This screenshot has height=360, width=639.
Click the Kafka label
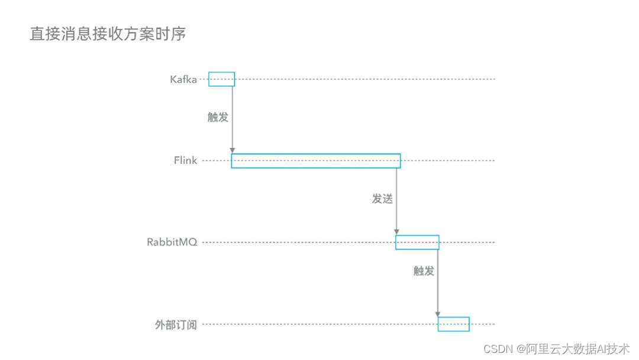(183, 79)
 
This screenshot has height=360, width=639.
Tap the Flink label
(185, 160)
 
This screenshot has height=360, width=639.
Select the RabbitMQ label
(172, 242)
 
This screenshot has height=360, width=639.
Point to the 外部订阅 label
(176, 324)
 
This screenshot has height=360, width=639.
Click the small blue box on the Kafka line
(221, 79)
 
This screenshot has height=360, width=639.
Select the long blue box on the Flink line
(315, 160)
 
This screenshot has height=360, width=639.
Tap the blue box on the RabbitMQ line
(417, 242)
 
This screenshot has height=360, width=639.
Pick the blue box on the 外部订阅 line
(453, 324)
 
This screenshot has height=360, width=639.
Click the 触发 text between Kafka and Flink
(218, 117)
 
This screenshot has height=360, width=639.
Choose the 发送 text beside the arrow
(382, 199)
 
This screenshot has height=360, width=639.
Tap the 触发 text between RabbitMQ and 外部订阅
(424, 271)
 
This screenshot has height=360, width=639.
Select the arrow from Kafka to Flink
(233, 118)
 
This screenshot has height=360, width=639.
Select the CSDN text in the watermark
(497, 349)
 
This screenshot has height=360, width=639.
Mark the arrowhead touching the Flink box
(233, 150)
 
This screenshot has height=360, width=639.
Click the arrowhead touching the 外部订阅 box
(438, 313)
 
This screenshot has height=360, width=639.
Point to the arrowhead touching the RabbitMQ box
(396, 232)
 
